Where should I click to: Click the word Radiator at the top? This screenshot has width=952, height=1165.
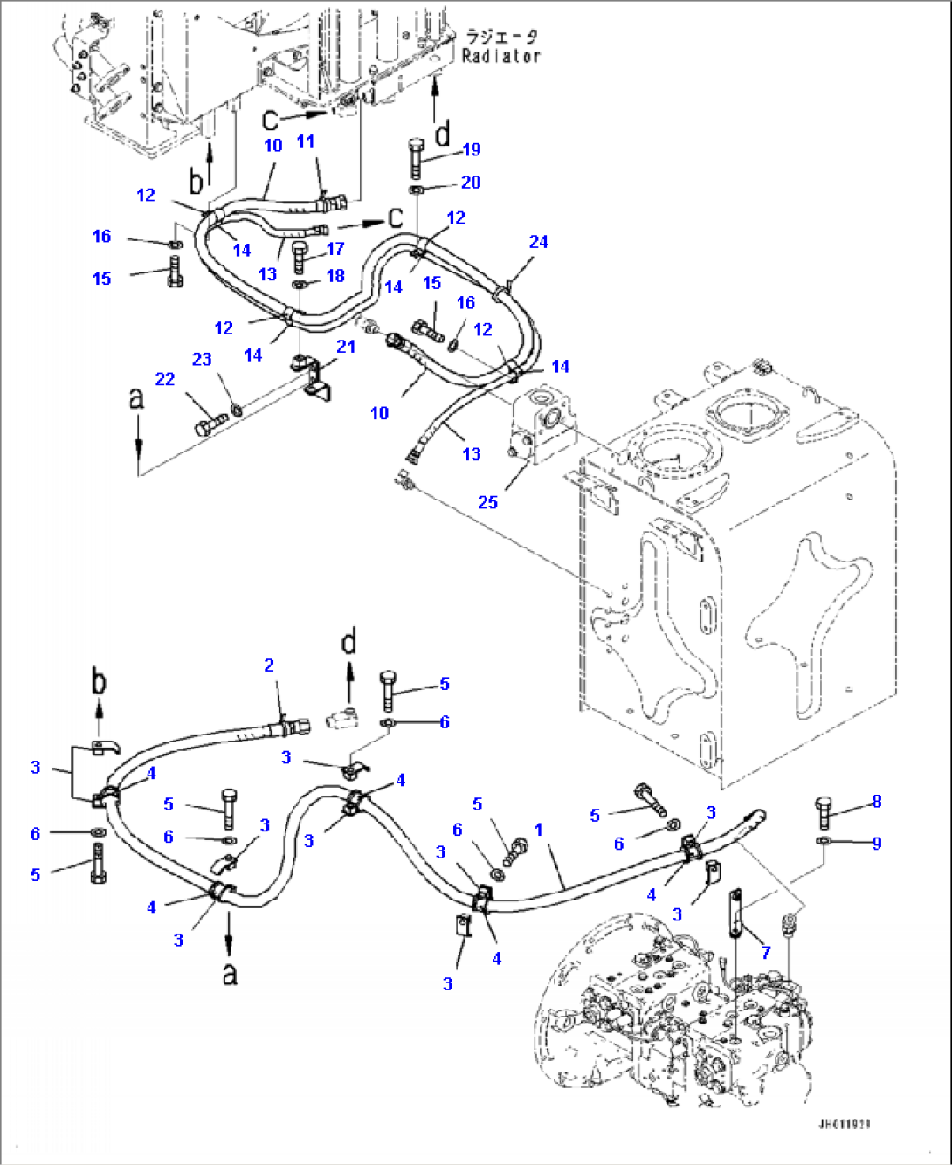(x=501, y=56)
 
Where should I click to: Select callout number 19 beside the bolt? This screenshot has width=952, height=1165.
(x=472, y=149)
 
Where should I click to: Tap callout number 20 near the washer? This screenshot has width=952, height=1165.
(x=471, y=182)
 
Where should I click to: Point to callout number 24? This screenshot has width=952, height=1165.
(x=538, y=241)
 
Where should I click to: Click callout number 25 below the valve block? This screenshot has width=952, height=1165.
(x=487, y=502)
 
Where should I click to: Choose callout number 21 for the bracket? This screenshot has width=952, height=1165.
(x=346, y=346)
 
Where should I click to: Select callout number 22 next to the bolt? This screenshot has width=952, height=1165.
(x=165, y=379)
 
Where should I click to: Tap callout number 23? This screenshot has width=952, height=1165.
(x=202, y=359)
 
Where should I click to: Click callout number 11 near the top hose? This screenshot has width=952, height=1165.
(x=305, y=141)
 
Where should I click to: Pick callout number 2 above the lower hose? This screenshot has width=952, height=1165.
(x=269, y=665)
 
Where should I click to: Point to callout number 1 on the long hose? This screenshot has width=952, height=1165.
(x=539, y=829)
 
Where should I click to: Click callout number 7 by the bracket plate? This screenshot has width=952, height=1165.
(x=766, y=952)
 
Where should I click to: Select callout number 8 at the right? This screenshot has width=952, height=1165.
(x=877, y=801)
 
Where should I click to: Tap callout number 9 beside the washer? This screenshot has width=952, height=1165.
(x=877, y=843)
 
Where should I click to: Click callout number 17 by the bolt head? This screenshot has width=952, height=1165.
(x=335, y=249)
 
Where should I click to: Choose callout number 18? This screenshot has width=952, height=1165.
(x=335, y=275)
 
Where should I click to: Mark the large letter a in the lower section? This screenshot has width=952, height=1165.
(x=229, y=971)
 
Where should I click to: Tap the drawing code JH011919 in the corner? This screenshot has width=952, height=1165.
(x=844, y=1125)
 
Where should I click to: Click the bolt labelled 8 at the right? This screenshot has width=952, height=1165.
(x=826, y=811)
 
